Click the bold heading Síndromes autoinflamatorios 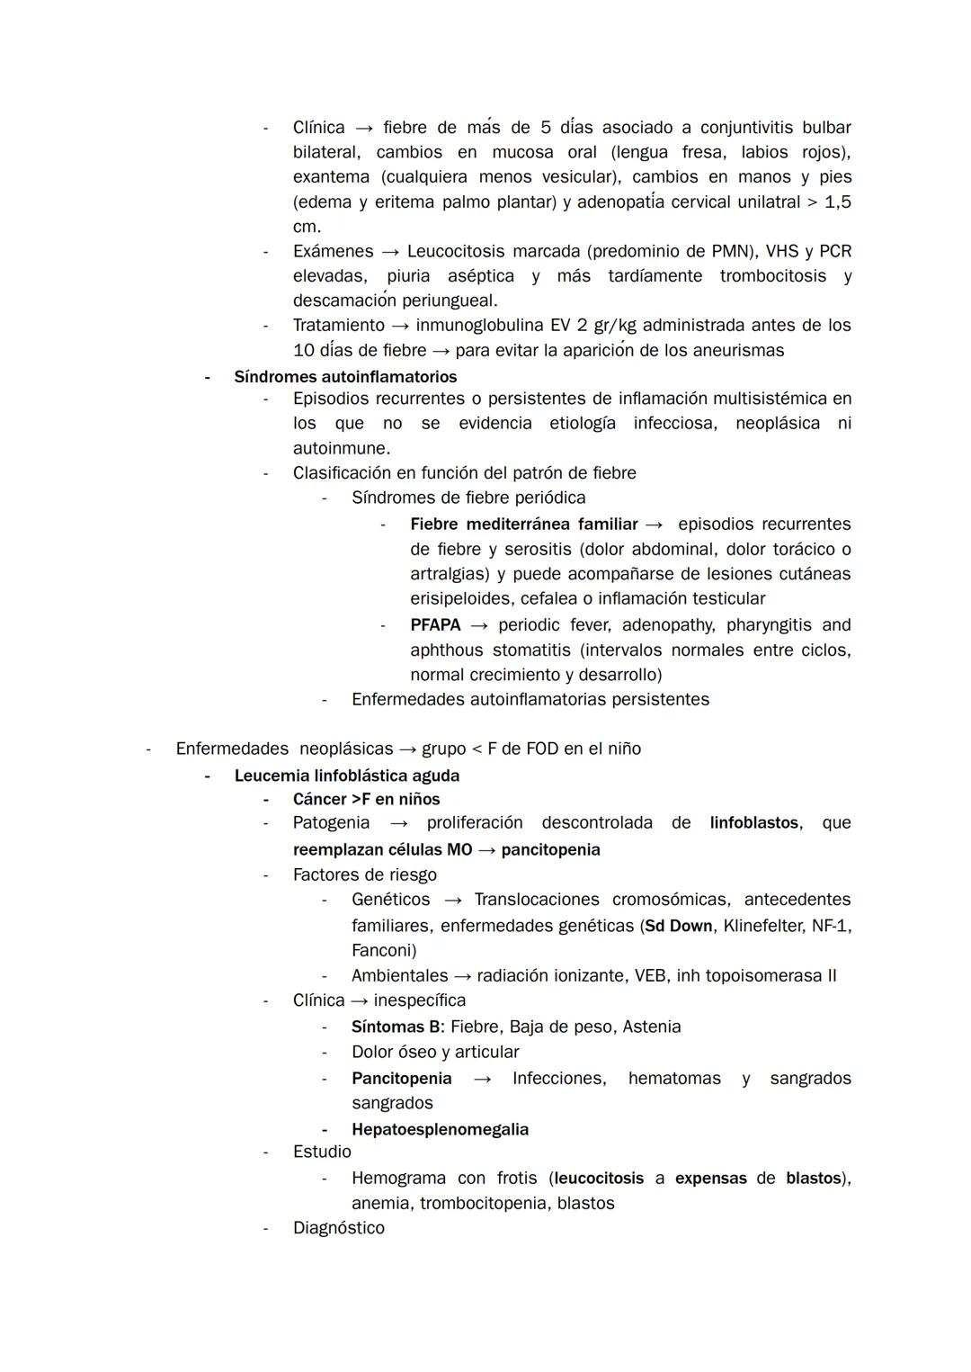[x=345, y=377]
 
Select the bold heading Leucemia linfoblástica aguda [x=347, y=776]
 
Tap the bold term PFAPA [x=435, y=625]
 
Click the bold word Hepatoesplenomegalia [x=440, y=1129]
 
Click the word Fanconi [x=381, y=950]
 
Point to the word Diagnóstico [x=338, y=1228]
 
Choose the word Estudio [x=322, y=1152]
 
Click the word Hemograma [x=398, y=1178]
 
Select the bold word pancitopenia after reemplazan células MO [x=550, y=849]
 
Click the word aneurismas [x=734, y=350]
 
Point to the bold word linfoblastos [x=753, y=822]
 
